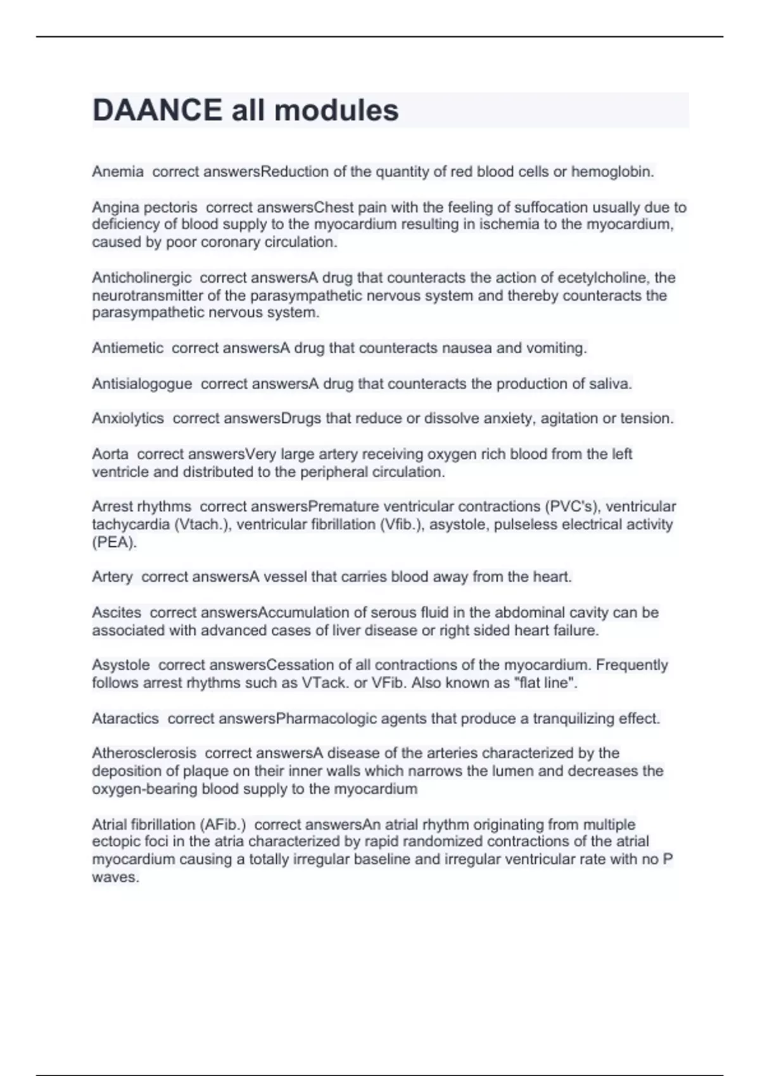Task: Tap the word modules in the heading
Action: pyautogui.click(x=336, y=110)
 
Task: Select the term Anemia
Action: pyautogui.click(x=118, y=172)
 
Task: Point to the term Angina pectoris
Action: pyautogui.click(x=144, y=207)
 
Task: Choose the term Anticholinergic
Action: pyautogui.click(x=142, y=278)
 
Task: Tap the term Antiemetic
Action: pyautogui.click(x=128, y=348)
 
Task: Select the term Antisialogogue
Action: pyautogui.click(x=142, y=384)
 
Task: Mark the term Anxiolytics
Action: pyautogui.click(x=128, y=418)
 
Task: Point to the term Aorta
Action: pyautogui.click(x=110, y=454)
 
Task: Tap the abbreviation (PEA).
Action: pyautogui.click(x=114, y=542)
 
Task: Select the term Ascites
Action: pyautogui.click(x=117, y=613)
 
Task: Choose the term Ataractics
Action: pyautogui.click(x=125, y=718)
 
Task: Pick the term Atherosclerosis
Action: pyautogui.click(x=144, y=753)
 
